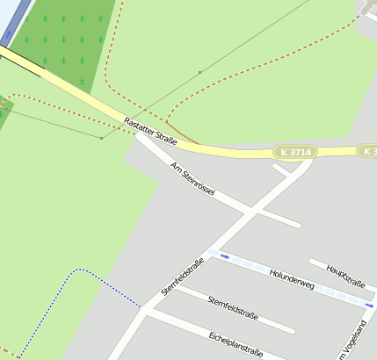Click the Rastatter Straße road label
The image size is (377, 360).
click(x=150, y=131)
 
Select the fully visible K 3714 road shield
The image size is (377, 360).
click(x=294, y=152)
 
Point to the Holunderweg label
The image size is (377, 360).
click(x=293, y=279)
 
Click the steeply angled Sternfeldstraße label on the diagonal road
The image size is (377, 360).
click(x=183, y=276)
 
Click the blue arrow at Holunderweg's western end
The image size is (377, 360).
click(x=225, y=256)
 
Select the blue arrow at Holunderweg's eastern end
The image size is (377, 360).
click(x=370, y=305)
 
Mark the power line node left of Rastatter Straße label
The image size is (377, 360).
click(x=101, y=138)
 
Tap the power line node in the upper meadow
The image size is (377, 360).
click(x=200, y=71)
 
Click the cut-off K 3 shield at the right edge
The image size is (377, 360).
click(x=368, y=151)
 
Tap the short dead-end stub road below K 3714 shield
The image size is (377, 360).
click(x=280, y=169)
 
